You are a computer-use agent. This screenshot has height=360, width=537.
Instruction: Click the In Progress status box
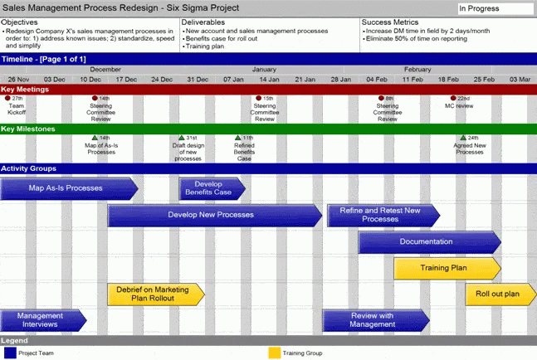tap(495, 9)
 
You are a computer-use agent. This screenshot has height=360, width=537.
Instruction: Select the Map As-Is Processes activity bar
tap(66, 188)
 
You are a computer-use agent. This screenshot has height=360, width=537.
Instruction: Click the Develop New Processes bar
tap(212, 216)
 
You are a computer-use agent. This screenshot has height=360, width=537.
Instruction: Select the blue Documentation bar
tap(427, 242)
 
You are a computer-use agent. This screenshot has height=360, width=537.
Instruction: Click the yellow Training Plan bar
tap(445, 269)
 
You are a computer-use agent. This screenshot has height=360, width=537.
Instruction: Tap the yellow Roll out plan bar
tap(498, 294)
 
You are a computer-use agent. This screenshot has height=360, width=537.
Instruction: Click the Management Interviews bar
tap(41, 320)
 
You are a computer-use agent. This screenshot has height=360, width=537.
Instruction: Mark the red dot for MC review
tap(452, 99)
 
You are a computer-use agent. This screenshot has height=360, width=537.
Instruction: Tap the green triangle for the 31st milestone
tap(181, 138)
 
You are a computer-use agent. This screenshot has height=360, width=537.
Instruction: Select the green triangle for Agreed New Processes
tap(463, 138)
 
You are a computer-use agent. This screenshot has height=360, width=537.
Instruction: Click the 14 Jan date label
tap(268, 80)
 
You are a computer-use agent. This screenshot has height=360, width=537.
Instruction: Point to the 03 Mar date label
tap(520, 80)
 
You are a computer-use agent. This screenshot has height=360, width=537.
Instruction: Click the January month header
tap(264, 70)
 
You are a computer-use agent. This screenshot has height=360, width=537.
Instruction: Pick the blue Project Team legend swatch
tap(10, 353)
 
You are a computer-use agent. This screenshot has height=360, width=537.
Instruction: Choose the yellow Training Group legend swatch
tap(274, 353)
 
